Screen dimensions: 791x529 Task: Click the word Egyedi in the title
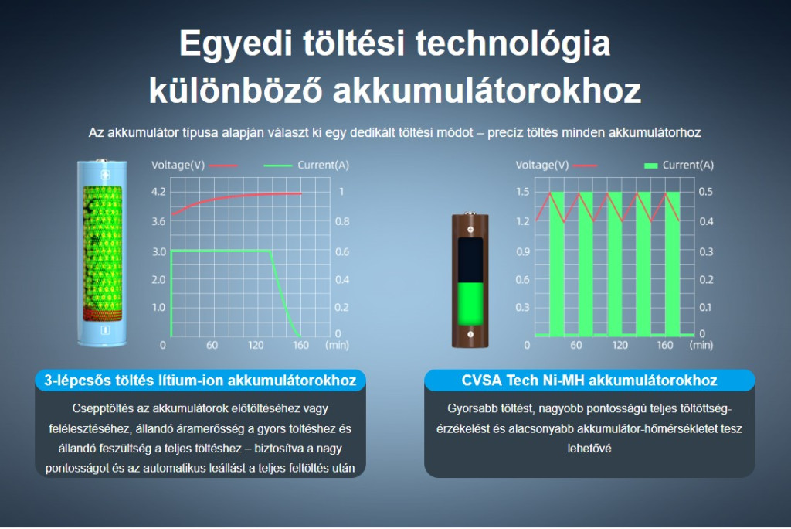click(x=236, y=44)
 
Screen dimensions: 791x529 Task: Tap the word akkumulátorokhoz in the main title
click(x=487, y=91)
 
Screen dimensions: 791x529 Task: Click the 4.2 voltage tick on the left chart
click(x=158, y=192)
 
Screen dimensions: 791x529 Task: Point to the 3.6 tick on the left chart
click(x=158, y=221)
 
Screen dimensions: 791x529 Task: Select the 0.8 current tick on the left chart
click(x=342, y=221)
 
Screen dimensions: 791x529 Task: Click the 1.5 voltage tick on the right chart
click(x=523, y=192)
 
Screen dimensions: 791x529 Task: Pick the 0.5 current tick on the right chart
click(x=706, y=192)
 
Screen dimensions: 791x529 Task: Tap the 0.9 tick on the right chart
click(x=523, y=251)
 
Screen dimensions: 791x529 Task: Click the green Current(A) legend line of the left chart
click(x=278, y=166)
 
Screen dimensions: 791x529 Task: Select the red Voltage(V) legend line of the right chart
click(x=586, y=166)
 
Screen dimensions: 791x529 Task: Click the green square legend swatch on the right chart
click(x=650, y=166)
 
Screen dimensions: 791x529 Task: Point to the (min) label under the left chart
click(x=337, y=345)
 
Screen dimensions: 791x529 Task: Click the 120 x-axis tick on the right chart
click(x=620, y=345)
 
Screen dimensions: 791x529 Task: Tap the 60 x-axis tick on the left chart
click(x=212, y=345)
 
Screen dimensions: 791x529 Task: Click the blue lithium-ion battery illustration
click(x=103, y=253)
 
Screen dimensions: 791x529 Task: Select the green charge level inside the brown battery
click(x=470, y=304)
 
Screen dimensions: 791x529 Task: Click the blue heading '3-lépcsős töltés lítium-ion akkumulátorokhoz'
click(x=200, y=381)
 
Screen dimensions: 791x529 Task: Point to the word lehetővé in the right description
click(x=589, y=449)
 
